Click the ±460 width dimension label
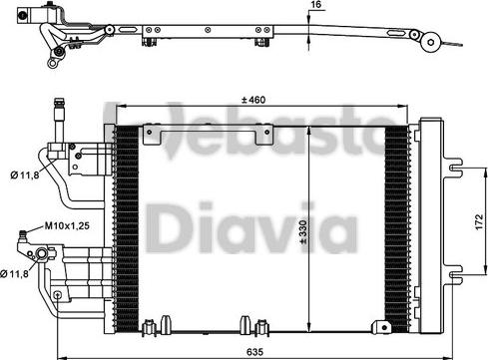(253, 100)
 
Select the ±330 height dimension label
(303, 231)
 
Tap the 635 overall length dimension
(255, 351)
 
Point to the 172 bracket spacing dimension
(479, 221)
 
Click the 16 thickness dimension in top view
(316, 5)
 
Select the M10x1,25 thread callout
(67, 226)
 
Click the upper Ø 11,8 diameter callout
(25, 176)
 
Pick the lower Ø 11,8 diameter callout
(14, 274)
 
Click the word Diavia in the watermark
(251, 227)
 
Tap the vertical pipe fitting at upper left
(59, 121)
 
